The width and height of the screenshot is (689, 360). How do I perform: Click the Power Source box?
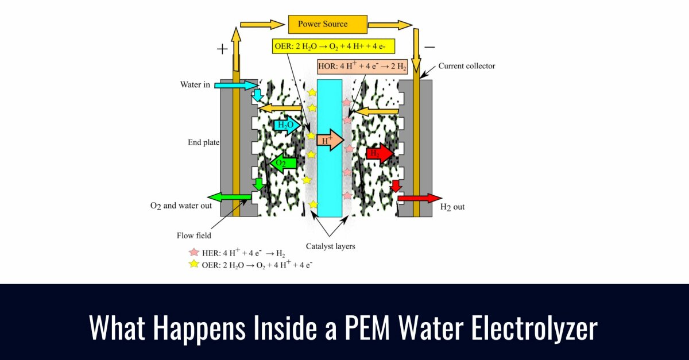322,24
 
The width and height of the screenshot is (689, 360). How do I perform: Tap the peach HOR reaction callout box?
362,67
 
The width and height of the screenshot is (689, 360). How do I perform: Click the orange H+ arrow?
329,140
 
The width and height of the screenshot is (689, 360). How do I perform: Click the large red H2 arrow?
380,154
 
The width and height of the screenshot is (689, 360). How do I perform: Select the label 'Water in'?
195,86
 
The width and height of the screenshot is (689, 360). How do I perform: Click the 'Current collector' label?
466,66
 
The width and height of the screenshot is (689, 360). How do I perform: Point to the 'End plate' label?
204,142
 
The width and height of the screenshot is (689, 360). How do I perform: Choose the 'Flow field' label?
193,235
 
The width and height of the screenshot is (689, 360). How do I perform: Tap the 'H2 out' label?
452,207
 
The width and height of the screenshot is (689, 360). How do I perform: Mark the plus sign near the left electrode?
222,49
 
